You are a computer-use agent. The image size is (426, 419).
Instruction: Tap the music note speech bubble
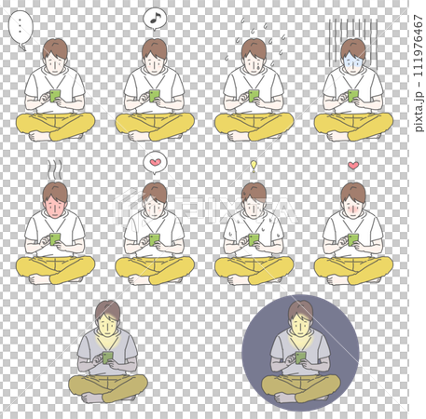[x=155, y=18]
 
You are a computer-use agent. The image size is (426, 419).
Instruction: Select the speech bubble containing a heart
[x=155, y=163]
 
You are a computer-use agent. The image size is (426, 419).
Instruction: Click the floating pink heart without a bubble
[x=353, y=166]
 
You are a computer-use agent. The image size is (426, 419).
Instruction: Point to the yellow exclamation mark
[x=253, y=165]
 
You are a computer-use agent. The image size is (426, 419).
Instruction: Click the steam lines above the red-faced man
[x=55, y=168]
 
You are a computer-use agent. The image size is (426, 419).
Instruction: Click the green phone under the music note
[x=155, y=94]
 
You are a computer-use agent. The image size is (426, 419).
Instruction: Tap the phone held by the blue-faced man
[x=353, y=94]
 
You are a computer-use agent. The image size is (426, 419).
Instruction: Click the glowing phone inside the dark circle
[x=301, y=356]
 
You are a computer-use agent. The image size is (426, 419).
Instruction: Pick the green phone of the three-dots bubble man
[x=55, y=94]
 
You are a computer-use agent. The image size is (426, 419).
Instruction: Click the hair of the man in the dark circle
[x=300, y=311]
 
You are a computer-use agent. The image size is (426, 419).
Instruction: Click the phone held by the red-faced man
[x=55, y=238]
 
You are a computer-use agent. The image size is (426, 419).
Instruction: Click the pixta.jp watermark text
[x=417, y=111]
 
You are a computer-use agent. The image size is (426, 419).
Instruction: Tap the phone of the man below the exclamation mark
[x=254, y=238]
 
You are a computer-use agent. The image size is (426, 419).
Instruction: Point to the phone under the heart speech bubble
[x=155, y=238]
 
